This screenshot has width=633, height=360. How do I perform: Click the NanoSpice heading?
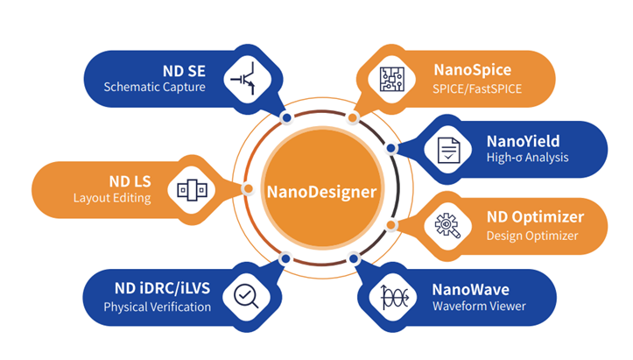click(472, 69)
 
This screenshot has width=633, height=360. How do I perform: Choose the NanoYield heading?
click(523, 141)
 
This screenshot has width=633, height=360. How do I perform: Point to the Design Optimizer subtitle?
click(532, 235)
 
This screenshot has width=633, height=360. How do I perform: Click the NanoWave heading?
click(470, 288)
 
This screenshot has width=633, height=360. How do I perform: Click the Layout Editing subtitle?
click(112, 198)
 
